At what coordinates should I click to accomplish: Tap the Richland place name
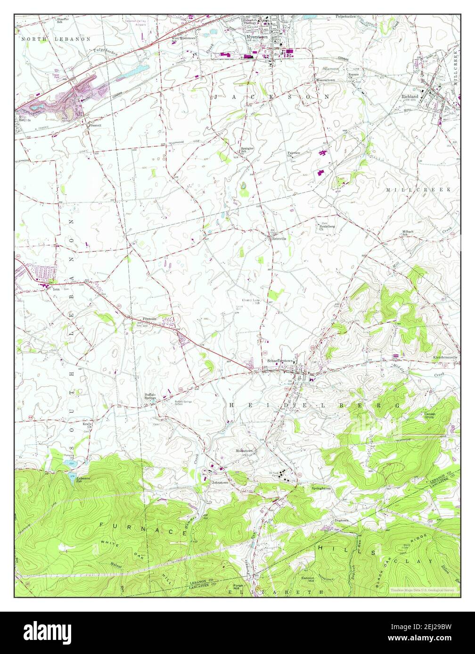pos(409,96)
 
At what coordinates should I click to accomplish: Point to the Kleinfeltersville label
pos(445,358)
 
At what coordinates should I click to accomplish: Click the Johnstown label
pos(220,482)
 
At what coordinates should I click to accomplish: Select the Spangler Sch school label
pos(247,150)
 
